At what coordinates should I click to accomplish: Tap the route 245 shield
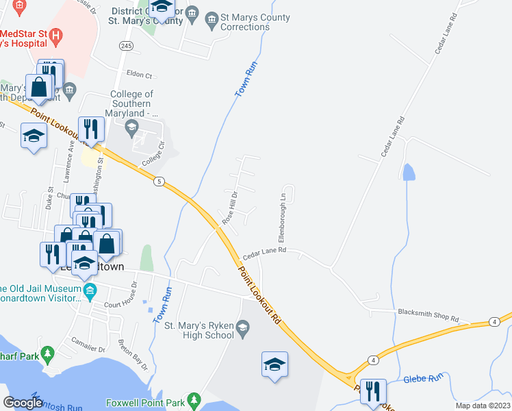coord(126,46)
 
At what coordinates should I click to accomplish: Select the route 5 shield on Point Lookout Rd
coord(159,181)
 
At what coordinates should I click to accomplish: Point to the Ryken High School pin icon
coord(242,331)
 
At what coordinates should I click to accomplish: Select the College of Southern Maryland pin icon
coord(132,125)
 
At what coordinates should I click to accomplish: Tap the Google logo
coord(23,403)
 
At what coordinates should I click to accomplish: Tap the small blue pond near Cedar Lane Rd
coord(409,172)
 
